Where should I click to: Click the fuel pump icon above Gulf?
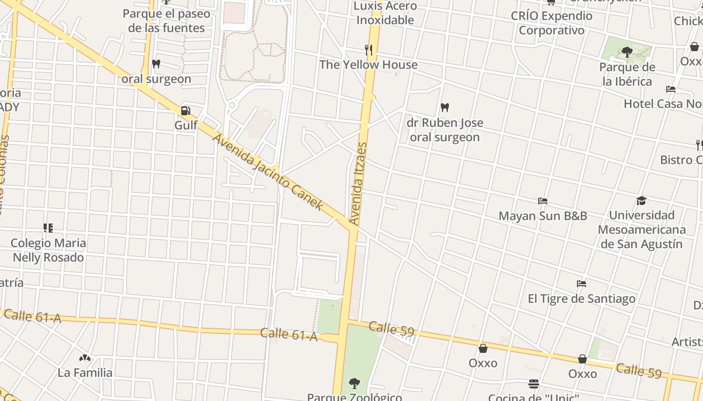(186, 110)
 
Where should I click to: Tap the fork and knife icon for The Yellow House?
(369, 50)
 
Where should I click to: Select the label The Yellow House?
(369, 65)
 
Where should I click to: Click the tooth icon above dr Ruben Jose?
(444, 107)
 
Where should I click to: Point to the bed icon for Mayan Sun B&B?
(543, 201)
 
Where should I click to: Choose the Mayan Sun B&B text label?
(543, 216)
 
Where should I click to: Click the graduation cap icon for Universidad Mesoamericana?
(641, 201)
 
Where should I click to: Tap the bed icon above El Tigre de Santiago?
(581, 284)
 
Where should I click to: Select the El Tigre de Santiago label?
(581, 299)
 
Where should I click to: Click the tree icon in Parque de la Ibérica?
(627, 52)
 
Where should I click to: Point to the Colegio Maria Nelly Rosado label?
(48, 250)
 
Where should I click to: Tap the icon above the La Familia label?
(85, 358)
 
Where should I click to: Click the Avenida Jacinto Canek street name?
(268, 171)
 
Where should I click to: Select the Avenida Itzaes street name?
(359, 183)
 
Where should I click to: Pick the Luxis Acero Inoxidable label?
(385, 13)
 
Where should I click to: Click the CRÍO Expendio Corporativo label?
(551, 23)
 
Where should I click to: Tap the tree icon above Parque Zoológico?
(355, 383)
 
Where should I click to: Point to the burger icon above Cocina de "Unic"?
(534, 384)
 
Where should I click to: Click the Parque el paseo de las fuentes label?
(166, 21)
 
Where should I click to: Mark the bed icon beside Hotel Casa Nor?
(671, 90)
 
